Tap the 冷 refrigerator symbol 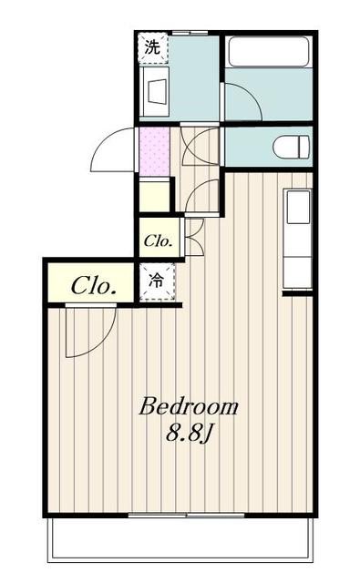click(157, 281)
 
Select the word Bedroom click(189, 407)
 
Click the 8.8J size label click(189, 433)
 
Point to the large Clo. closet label click(92, 286)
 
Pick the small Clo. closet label click(158, 241)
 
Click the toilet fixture click(292, 147)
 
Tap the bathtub click(269, 52)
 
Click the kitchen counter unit click(297, 239)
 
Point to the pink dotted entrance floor click(154, 151)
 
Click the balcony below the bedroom click(180, 538)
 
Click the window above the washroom click(190, 33)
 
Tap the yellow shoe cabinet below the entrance click(154, 195)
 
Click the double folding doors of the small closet click(193, 236)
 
